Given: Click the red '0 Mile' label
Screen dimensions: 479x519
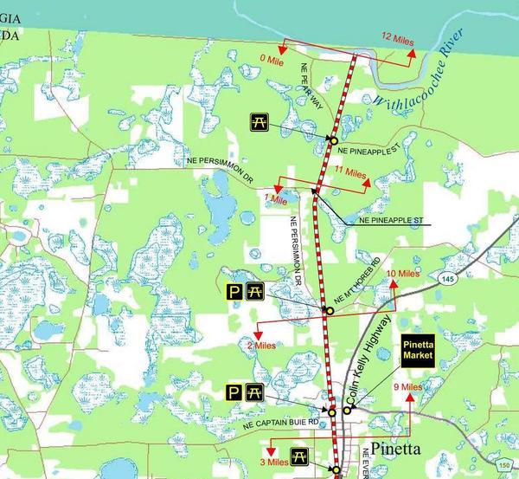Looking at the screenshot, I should pyautogui.click(x=272, y=61).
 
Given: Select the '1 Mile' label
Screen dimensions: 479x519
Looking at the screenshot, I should pyautogui.click(x=274, y=199).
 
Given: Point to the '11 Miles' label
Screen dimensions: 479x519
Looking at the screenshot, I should pyautogui.click(x=351, y=172).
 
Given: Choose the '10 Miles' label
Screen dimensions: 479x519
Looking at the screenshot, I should pyautogui.click(x=402, y=274).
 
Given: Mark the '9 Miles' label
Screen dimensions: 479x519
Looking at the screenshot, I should pyautogui.click(x=407, y=387).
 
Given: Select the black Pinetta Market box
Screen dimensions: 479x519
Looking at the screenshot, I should pyautogui.click(x=418, y=349).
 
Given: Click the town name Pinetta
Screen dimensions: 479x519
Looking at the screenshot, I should pyautogui.click(x=394, y=450).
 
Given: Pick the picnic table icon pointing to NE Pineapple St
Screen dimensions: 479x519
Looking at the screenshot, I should pyautogui.click(x=258, y=122).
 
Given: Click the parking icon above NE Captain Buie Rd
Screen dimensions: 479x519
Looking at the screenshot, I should pyautogui.click(x=234, y=392).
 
